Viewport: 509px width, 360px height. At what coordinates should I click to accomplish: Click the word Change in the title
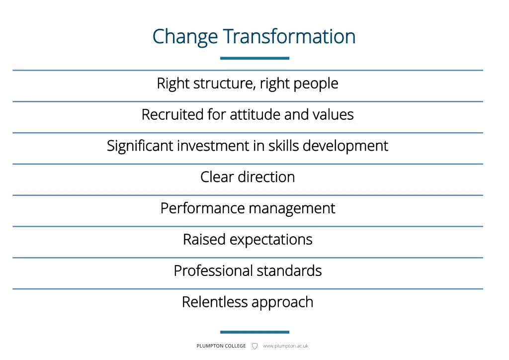click(x=185, y=37)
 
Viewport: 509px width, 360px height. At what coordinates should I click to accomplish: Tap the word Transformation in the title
click(x=289, y=37)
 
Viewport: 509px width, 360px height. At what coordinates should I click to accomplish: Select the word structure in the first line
click(x=225, y=84)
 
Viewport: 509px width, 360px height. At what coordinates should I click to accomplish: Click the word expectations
click(x=271, y=240)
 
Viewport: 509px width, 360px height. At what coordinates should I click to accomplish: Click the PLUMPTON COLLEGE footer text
click(x=221, y=346)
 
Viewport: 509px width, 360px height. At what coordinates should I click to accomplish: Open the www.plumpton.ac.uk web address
click(x=285, y=346)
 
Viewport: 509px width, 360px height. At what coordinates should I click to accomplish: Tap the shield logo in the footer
click(x=254, y=346)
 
